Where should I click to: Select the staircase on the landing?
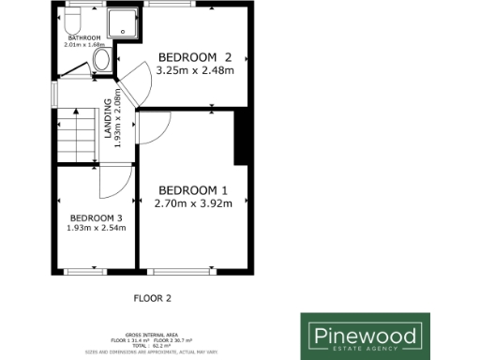[76, 135]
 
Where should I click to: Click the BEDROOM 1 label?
[193, 187]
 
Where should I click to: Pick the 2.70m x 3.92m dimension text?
[193, 201]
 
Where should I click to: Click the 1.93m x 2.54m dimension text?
[96, 227]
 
